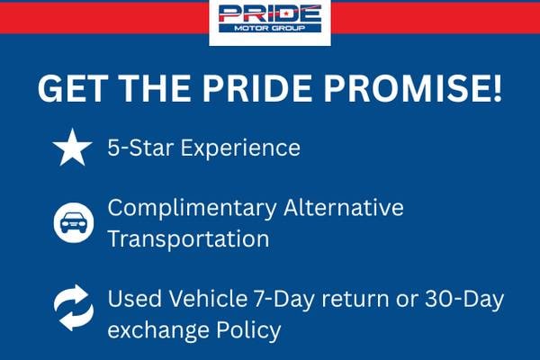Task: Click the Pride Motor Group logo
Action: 270,19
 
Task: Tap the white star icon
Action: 72,148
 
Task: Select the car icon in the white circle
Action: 74,222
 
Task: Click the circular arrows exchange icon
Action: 74,307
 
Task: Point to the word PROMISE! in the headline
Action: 412,88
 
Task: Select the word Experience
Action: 240,148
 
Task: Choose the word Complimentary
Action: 193,209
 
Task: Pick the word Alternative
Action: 344,207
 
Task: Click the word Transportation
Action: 188,238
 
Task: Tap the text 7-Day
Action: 284,298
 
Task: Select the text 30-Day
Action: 464,298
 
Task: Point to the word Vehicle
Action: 208,298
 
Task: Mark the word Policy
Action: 248,330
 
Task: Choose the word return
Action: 355,300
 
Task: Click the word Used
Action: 135,298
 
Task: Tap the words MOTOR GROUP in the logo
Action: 270,28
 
